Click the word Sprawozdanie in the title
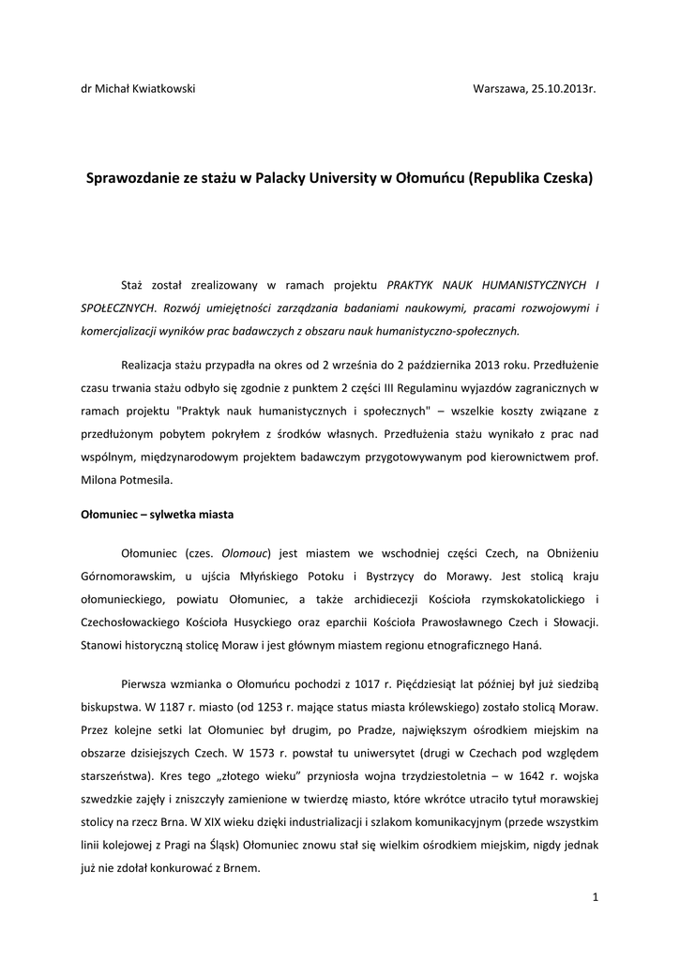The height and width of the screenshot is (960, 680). [x=132, y=177]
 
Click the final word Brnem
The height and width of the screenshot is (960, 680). [x=241, y=868]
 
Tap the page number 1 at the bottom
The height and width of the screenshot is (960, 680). [x=596, y=898]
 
